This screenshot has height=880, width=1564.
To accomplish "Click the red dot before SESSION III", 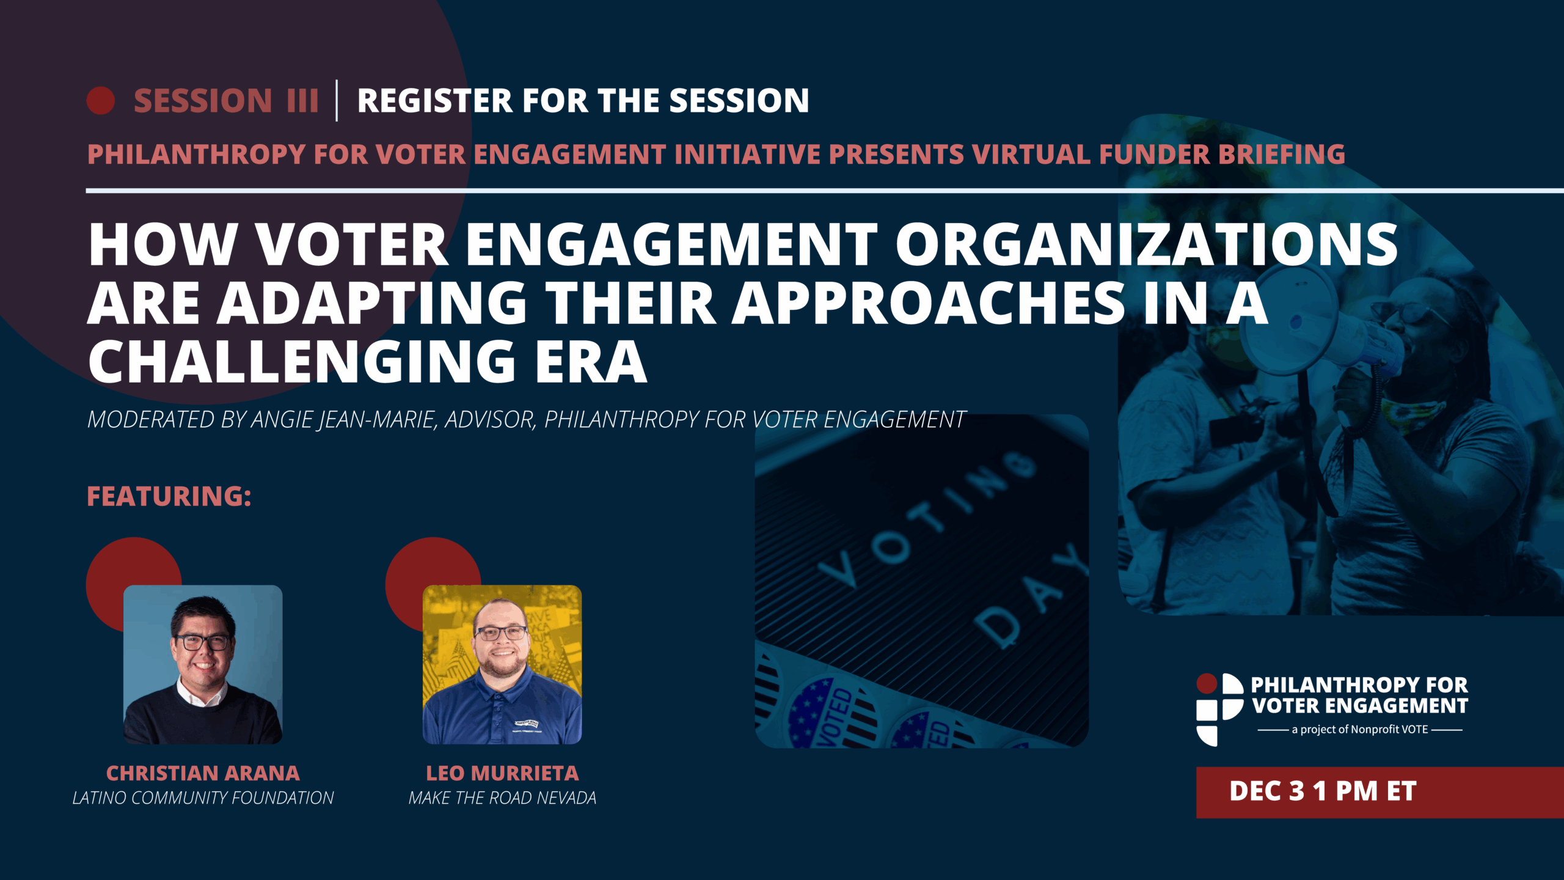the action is [x=101, y=101].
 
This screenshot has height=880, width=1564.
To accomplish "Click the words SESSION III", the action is [x=226, y=101].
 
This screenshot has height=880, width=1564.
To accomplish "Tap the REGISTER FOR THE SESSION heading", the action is [x=583, y=101].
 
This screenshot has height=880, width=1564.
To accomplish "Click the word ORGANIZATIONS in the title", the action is [x=1146, y=244].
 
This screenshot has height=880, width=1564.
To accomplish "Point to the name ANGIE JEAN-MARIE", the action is [x=344, y=420].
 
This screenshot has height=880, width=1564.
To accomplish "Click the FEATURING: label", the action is [x=169, y=496].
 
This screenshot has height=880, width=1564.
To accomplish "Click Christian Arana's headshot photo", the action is [x=203, y=664].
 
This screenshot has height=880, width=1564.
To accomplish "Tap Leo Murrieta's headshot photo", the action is [x=502, y=664].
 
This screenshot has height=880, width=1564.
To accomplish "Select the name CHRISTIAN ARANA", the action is [x=203, y=773].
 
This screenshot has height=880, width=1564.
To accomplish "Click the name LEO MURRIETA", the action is [x=502, y=773].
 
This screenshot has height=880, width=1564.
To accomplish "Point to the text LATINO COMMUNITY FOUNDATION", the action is [x=203, y=798].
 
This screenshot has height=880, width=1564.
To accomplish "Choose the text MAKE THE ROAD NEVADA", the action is [x=502, y=798].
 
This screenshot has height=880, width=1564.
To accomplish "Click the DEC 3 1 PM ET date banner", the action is [x=1379, y=792].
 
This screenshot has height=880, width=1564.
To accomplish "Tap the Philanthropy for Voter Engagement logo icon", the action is [x=1219, y=710].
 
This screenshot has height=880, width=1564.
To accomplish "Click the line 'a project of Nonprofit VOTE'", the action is [x=1359, y=730].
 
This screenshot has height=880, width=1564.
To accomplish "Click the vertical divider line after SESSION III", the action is [x=337, y=100].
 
